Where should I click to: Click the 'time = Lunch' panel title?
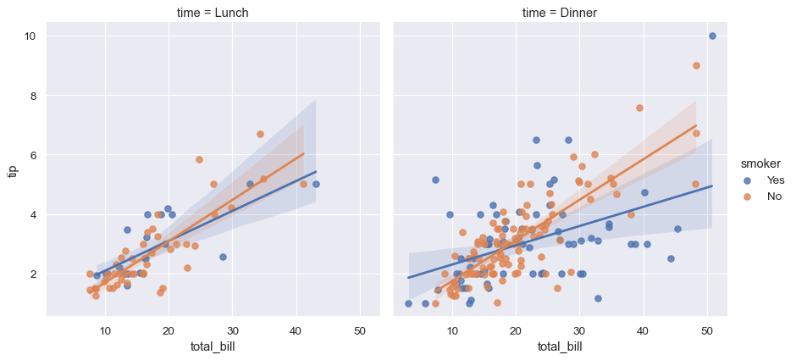(x=213, y=12)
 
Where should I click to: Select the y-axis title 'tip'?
(x=12, y=170)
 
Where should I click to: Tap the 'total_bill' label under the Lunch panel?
(x=213, y=346)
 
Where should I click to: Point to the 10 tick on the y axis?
(x=30, y=36)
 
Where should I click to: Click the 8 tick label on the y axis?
(x=32, y=96)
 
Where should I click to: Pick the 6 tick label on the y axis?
(x=32, y=155)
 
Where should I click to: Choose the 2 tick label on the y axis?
(x=32, y=274)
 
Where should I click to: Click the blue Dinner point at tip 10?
(x=712, y=36)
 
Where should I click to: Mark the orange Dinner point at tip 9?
(x=696, y=65)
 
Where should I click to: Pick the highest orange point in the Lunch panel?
(x=260, y=134)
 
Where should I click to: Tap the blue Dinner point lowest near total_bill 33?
(x=598, y=298)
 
